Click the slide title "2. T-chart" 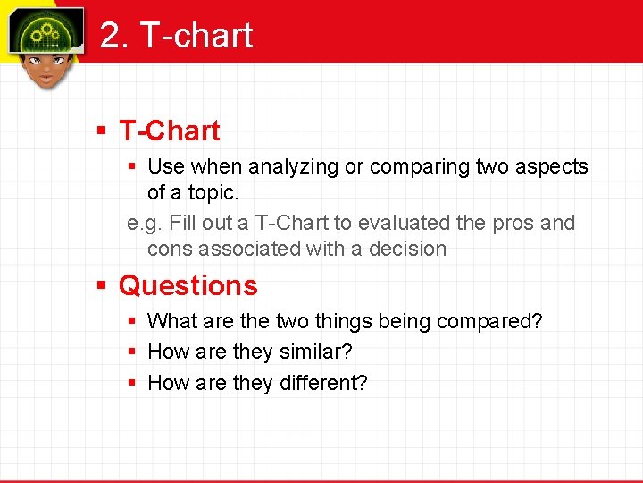coord(177,36)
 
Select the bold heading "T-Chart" coord(170,131)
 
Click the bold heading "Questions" coord(188,286)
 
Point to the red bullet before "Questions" coord(103,286)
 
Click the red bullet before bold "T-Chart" coord(103,131)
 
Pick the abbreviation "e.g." coord(143,223)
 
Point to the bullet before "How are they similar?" coord(131,352)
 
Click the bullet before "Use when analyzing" coord(131,167)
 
